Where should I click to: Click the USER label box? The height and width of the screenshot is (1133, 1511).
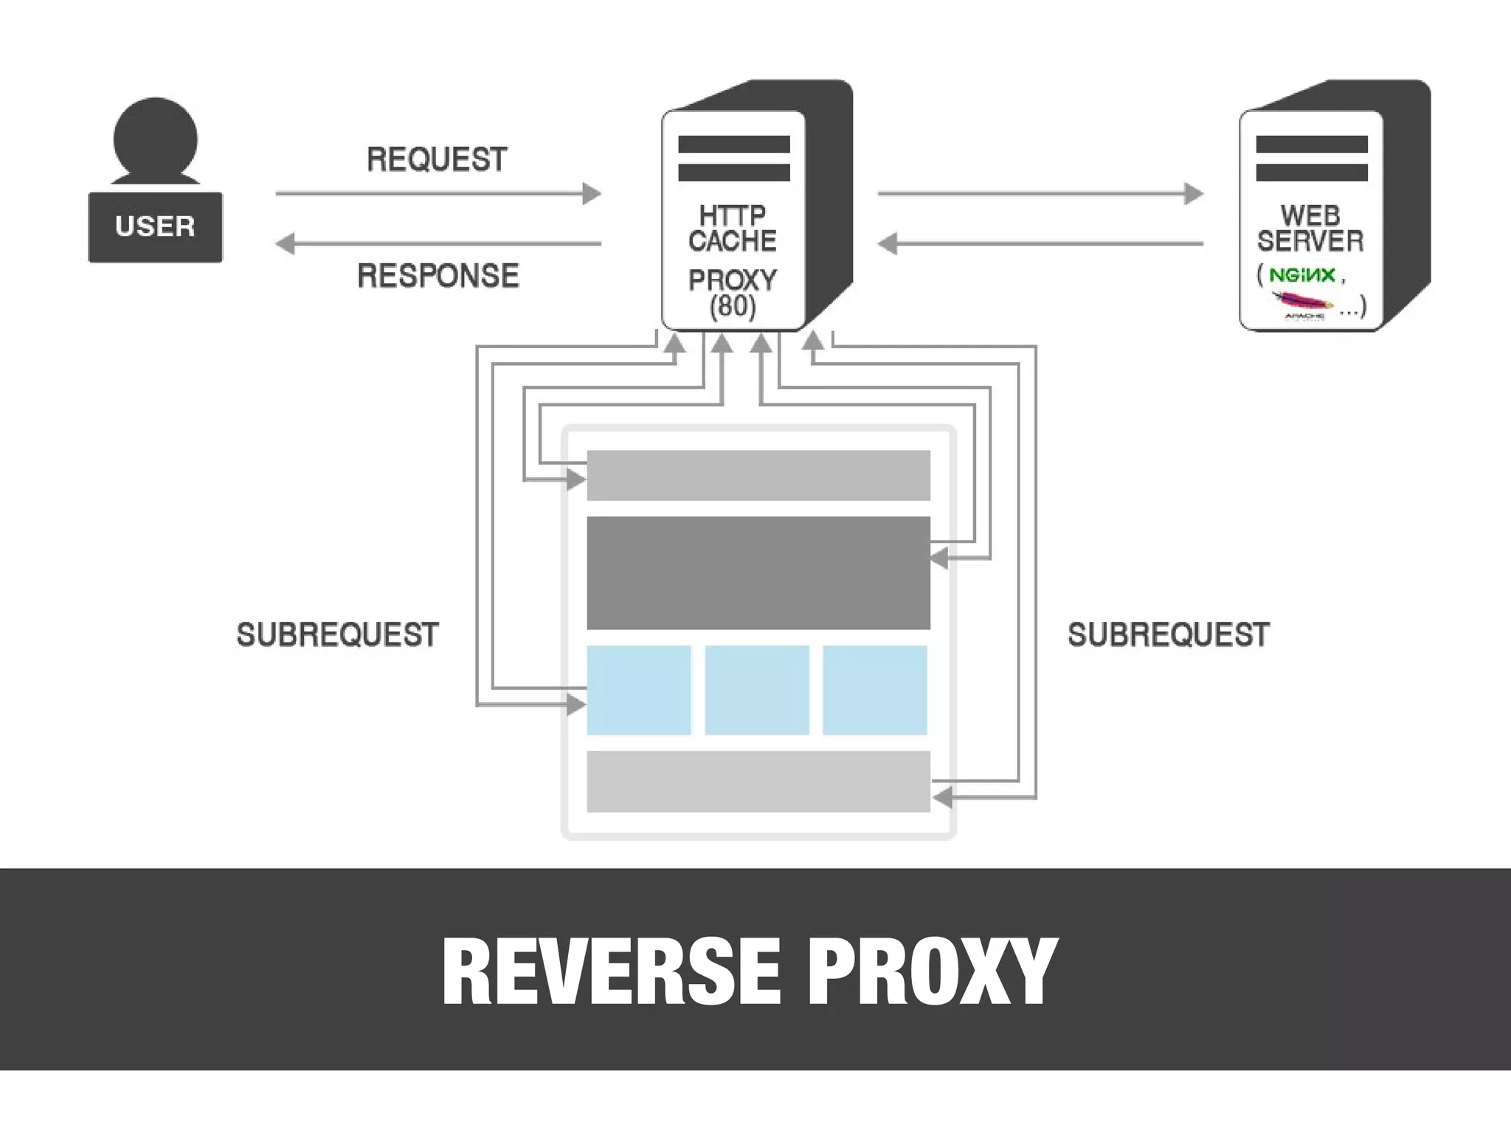click(155, 226)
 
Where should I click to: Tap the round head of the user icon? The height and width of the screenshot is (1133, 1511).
click(155, 139)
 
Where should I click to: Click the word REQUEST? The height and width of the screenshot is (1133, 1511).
click(437, 159)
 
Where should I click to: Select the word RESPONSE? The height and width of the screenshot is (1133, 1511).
click(438, 276)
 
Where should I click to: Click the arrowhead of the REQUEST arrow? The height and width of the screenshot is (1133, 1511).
click(592, 194)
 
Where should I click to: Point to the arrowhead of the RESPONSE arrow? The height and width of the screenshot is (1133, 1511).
click(286, 243)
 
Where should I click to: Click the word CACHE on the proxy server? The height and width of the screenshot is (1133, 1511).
click(732, 240)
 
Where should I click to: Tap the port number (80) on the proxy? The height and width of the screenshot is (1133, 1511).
click(732, 305)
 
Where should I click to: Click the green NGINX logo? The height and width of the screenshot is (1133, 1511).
click(1302, 275)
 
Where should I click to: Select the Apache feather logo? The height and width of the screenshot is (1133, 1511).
click(1303, 301)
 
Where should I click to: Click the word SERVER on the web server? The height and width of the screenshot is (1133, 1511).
click(1310, 240)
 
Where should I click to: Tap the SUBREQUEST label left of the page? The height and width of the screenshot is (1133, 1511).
click(337, 634)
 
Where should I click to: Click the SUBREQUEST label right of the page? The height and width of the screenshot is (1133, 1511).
click(1169, 634)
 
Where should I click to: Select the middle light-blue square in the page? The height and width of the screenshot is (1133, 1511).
click(757, 690)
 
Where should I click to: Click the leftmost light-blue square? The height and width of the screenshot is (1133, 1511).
click(639, 690)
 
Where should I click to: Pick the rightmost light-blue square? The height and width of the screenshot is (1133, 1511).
click(875, 690)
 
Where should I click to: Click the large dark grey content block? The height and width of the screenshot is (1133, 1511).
click(758, 572)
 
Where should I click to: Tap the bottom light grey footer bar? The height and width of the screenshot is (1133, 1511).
click(758, 781)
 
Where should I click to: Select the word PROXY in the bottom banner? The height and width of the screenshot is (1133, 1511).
click(933, 971)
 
